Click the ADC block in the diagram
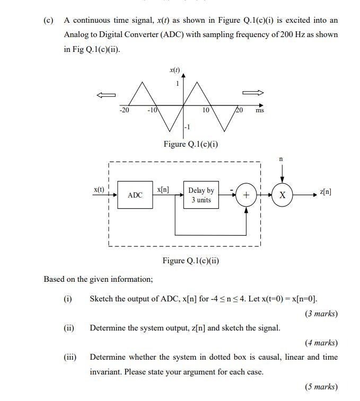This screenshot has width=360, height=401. pos(135,195)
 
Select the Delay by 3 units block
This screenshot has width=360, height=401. pos(201,195)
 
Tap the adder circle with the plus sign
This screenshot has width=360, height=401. pos(246,195)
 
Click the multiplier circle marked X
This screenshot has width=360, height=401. pos(282,195)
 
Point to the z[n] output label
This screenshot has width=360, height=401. pos(326,192)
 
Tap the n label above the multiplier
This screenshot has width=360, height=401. pos(282,158)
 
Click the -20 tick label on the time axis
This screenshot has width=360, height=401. pos(124,110)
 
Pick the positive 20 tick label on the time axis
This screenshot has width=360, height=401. pos(240,110)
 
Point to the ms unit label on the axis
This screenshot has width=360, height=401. pos(260,111)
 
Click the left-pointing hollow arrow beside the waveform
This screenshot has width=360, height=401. pos(106,95)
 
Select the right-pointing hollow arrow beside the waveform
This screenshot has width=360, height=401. pos(253,93)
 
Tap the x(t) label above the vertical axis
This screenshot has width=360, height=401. pos(174,69)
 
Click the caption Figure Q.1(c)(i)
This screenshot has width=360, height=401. pos(191,144)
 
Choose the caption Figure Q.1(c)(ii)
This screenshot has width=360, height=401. pos(191,261)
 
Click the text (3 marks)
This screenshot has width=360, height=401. pos(321,314)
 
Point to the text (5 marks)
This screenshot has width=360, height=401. pos(321,387)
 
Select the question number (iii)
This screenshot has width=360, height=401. pos(70,357)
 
